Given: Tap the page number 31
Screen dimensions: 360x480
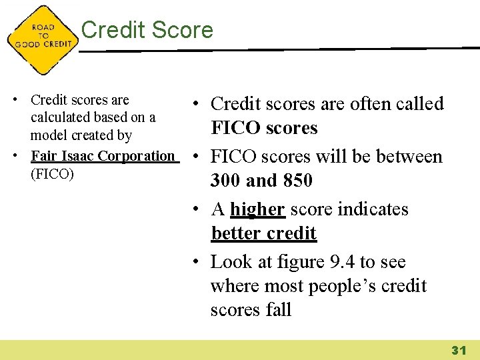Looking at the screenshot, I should coord(458,349).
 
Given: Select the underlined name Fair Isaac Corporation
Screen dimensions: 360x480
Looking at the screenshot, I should coord(103,156).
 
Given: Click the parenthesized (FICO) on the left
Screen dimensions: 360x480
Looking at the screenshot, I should coord(52,173).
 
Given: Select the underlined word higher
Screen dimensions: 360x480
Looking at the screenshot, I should coord(258,209).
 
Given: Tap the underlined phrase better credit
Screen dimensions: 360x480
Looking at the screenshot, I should coord(263,233).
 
